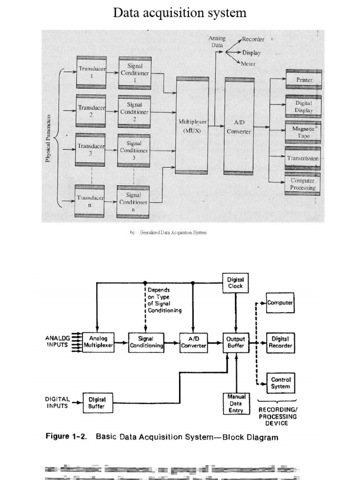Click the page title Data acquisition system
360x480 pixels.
[x=180, y=13]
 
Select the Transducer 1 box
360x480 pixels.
[x=91, y=72]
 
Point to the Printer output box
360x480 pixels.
[x=303, y=80]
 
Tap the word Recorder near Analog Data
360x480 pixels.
[x=253, y=39]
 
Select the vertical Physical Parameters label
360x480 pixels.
[x=48, y=138]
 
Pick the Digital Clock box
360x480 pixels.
[x=235, y=282]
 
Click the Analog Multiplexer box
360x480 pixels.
[x=98, y=342]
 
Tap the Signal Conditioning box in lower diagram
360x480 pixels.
[x=146, y=342]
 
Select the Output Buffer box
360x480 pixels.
[x=235, y=342]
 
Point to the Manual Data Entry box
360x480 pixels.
[x=235, y=403]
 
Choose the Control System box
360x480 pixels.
[x=280, y=382]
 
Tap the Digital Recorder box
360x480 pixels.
[x=280, y=342]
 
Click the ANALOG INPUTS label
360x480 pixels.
[x=57, y=341]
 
